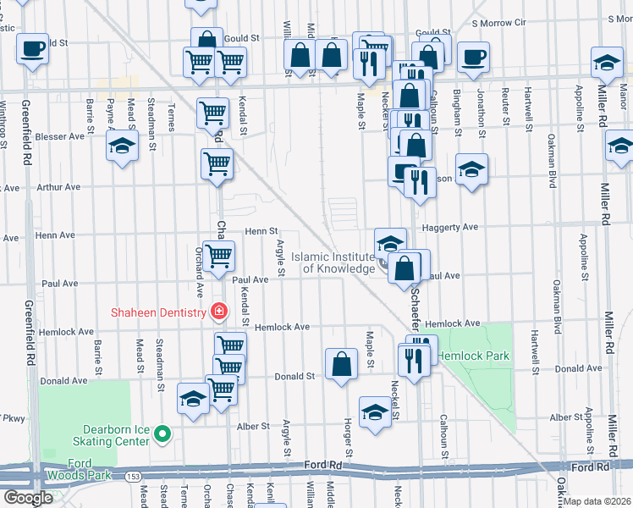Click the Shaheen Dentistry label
[x=158, y=312]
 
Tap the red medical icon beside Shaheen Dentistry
[x=219, y=312]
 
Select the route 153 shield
[x=133, y=478]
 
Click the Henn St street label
[x=261, y=230]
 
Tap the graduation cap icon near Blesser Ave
[x=122, y=146]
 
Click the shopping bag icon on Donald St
[x=341, y=365]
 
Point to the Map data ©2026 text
[x=597, y=501]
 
